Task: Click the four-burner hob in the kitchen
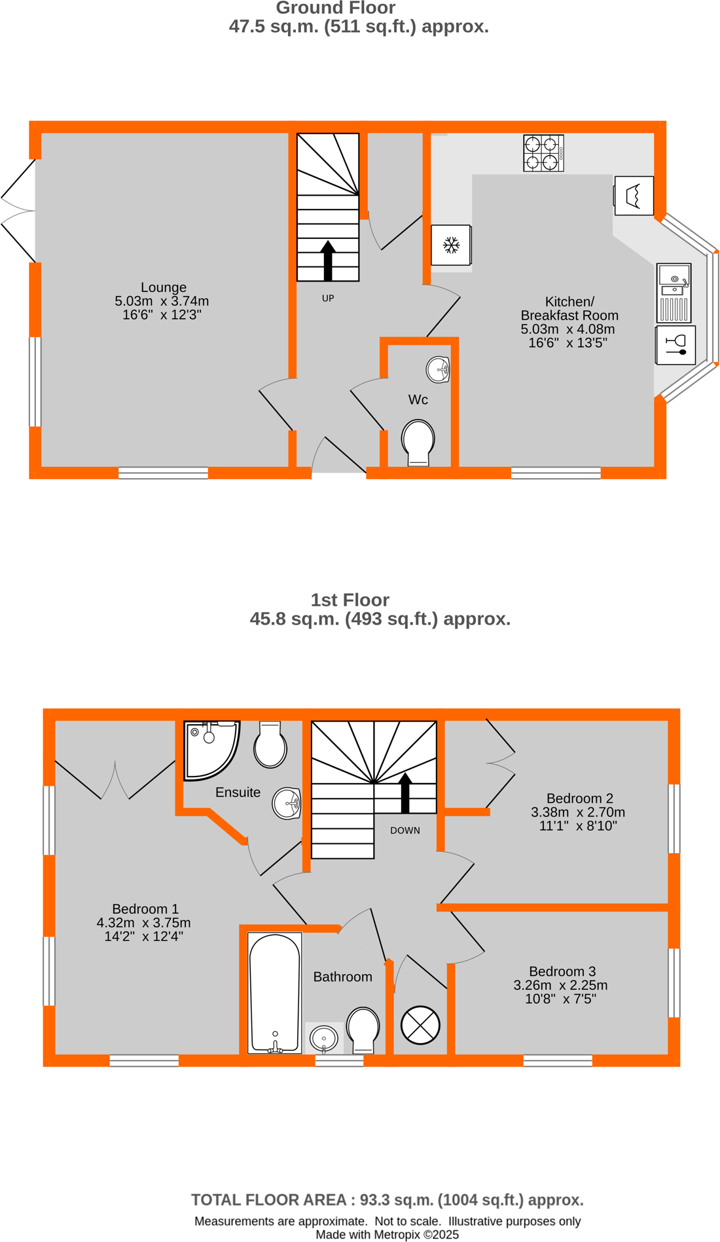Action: point(543,153)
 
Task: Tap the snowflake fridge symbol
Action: point(451,246)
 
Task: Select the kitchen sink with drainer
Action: point(674,293)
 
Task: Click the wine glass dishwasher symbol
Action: point(675,345)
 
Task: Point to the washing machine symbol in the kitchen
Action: point(633,196)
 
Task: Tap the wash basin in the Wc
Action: point(438,370)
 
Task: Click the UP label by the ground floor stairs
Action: point(328,299)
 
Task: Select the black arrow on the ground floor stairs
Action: point(328,260)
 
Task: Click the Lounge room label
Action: point(164,287)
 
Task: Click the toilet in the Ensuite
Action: point(270,745)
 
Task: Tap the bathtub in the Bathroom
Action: point(275,993)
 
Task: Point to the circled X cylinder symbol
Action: point(420,1025)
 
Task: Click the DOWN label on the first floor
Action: point(405,830)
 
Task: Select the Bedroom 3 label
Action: point(562,972)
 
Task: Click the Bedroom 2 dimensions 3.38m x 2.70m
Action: point(578,813)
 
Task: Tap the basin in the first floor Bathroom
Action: point(324,1038)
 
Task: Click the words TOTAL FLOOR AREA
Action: point(268,1200)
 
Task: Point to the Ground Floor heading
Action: point(335,9)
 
